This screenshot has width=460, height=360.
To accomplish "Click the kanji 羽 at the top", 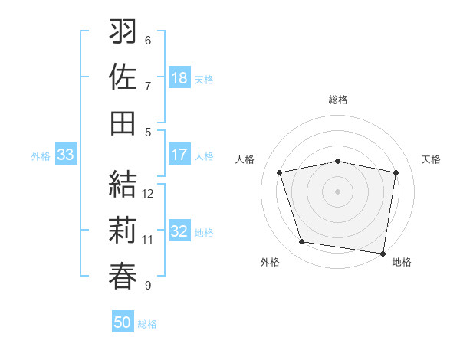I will pyautogui.click(x=123, y=32).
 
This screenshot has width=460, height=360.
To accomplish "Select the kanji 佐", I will pyautogui.click(x=123, y=77).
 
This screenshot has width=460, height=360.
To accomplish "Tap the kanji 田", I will pyautogui.click(x=123, y=123).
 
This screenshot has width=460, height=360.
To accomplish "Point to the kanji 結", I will pyautogui.click(x=123, y=185).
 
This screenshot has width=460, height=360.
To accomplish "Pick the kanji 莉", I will pyautogui.click(x=123, y=230).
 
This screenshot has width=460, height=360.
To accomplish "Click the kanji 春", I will pyautogui.click(x=123, y=275).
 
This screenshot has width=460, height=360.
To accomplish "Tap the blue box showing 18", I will pyautogui.click(x=179, y=78).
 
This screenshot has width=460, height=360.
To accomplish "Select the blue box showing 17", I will pyautogui.click(x=179, y=155).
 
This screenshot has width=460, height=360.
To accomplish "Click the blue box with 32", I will pyautogui.click(x=179, y=231).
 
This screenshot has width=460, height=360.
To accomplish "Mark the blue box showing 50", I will pyautogui.click(x=123, y=322).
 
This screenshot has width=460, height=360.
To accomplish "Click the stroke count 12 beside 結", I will pyautogui.click(x=149, y=194).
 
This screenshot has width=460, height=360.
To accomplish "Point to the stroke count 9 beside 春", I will pyautogui.click(x=148, y=286).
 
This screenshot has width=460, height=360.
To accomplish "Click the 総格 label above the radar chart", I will pyautogui.click(x=338, y=100).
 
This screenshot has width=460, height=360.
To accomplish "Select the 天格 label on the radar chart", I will pyautogui.click(x=431, y=159).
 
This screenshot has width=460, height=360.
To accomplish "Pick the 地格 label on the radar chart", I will pyautogui.click(x=402, y=262).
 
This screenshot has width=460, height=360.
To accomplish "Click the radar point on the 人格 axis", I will pyautogui.click(x=280, y=172).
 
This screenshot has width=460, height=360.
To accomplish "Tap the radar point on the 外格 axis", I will pyautogui.click(x=301, y=242).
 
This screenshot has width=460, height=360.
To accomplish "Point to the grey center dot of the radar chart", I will pyautogui.click(x=338, y=191).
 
